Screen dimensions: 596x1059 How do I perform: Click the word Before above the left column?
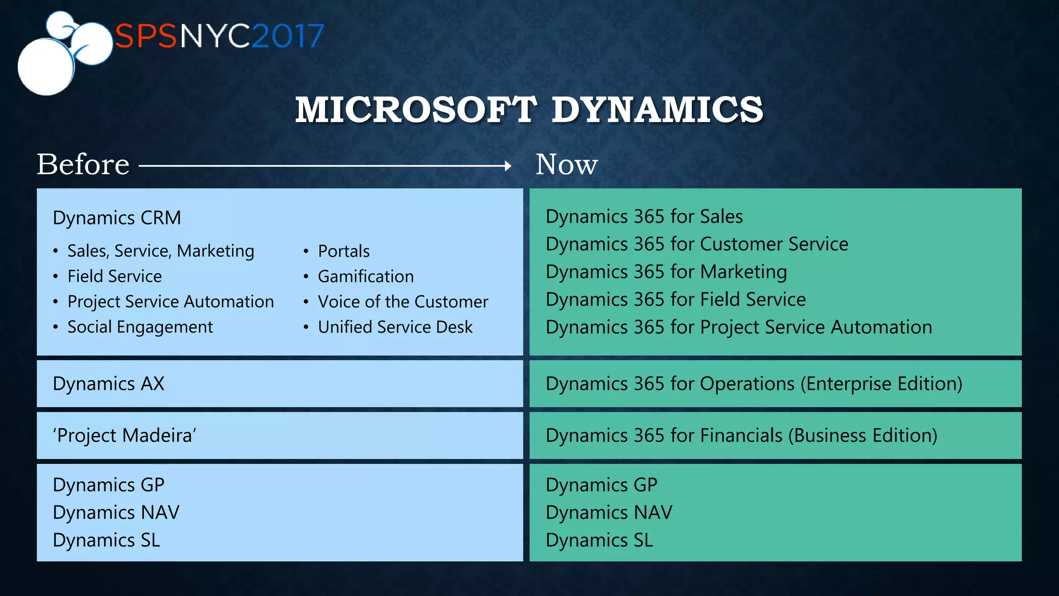pos(83,165)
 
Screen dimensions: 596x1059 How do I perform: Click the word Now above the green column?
pos(566,165)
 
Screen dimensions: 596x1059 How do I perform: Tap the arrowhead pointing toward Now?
pos(508,166)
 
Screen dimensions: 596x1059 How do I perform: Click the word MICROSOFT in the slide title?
pos(416,110)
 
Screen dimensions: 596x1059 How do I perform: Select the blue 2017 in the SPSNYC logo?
pos(288,36)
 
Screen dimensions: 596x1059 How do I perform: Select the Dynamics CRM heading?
pos(117,218)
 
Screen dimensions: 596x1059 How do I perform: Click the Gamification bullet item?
pos(365,276)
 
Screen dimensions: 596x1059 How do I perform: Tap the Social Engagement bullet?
pos(140,327)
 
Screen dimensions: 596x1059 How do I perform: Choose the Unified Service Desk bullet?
pos(395,327)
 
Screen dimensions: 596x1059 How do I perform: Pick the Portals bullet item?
pos(343,251)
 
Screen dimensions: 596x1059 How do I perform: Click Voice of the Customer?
pos(402,302)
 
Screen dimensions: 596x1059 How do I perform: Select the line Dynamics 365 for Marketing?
pos(666,272)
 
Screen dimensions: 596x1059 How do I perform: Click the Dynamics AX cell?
pos(109,384)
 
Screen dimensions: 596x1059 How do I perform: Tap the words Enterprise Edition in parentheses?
pos(882,384)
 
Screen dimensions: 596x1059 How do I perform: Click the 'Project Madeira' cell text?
pos(124,436)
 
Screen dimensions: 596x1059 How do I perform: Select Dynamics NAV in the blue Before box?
pos(116,512)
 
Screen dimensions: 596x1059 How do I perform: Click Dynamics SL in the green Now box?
pos(599,540)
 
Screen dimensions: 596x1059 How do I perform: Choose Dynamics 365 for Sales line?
pos(644,216)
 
